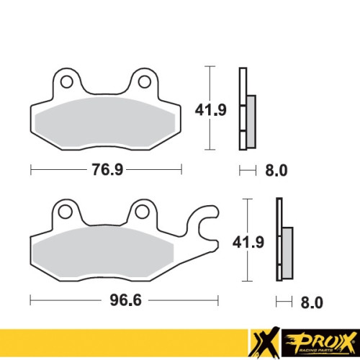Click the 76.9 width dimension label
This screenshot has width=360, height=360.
pos(107,169)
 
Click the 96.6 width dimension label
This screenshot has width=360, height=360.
pos(126,300)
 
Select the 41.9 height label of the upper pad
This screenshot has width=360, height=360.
pos(211,110)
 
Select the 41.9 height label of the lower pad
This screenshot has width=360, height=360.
pos(248,242)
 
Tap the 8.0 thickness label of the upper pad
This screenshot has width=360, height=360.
pos(276,171)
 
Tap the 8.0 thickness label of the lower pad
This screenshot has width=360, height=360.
pos(312,302)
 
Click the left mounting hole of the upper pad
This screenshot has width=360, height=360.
pos(66,82)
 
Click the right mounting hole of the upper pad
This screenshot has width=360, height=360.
pos(145,81)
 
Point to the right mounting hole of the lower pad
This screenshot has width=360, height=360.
pos(142,212)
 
